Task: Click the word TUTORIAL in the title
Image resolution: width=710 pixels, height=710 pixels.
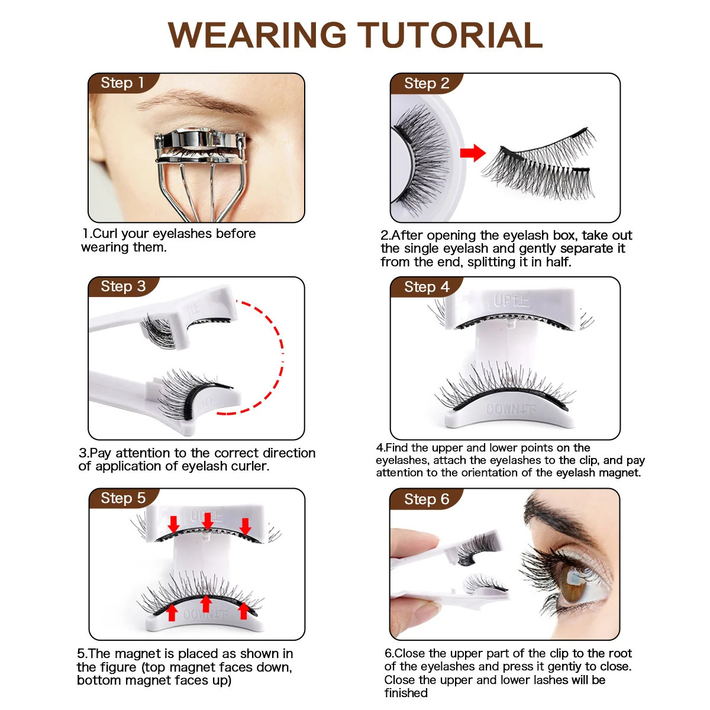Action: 450,35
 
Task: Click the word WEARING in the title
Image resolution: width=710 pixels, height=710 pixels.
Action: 257,35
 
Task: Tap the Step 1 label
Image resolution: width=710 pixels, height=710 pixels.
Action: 122,83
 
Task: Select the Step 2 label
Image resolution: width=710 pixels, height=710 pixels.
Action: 427,83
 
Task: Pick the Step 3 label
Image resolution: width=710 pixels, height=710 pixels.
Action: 124,286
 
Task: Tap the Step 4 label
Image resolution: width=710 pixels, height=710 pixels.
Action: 427,287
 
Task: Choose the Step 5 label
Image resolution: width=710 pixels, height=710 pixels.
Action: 124,499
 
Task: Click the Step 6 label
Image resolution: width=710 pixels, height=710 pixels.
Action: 427,499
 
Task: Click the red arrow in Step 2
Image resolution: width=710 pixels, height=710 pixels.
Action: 473,153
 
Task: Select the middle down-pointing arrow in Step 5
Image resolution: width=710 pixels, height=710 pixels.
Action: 208,521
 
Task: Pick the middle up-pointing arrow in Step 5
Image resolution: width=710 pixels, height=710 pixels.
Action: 206,604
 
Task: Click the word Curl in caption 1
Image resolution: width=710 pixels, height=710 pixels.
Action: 104,234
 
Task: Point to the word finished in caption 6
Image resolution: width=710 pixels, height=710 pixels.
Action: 406,693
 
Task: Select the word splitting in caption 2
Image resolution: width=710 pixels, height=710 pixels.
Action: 493,262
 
